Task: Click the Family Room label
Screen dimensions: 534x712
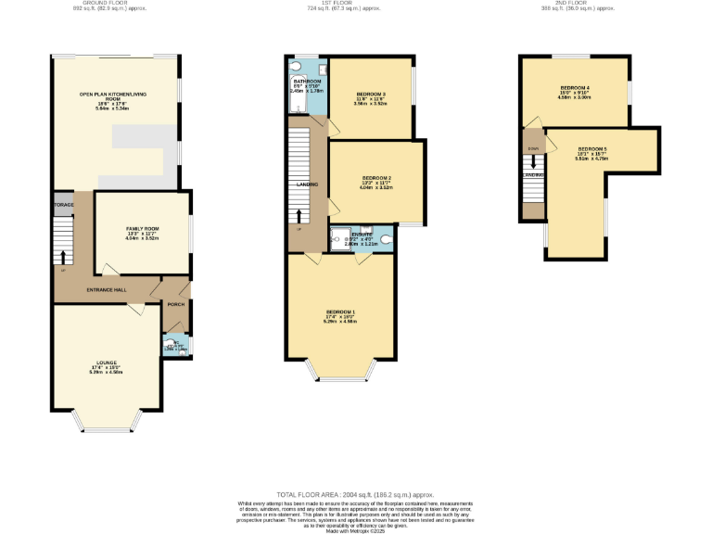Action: coord(143,229)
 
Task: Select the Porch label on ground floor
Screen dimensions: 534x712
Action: coord(175,304)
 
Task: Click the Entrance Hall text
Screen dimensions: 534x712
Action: coord(107,290)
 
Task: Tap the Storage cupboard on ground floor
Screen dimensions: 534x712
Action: coord(63,204)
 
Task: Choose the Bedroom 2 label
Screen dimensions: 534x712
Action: coord(376,178)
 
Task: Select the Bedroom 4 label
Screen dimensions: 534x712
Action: coord(575,88)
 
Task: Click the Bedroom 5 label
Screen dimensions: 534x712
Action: coord(591,149)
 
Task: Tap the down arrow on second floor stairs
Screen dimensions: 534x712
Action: coord(533,161)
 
